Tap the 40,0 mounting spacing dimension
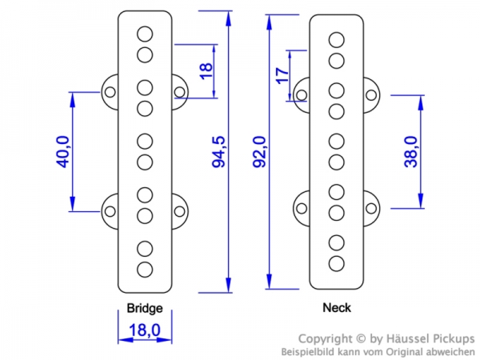coord(62,152)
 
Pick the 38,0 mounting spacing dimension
coord(410,150)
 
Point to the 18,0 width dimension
coord(145,330)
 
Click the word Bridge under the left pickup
coord(145,308)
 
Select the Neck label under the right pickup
coord(336,307)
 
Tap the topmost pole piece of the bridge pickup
coord(145,34)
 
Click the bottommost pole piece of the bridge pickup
coord(145,269)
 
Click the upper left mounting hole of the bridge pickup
coord(110,93)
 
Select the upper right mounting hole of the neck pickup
coord(371,95)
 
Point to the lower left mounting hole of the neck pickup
coord(302,208)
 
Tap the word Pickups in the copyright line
coord(452,338)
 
